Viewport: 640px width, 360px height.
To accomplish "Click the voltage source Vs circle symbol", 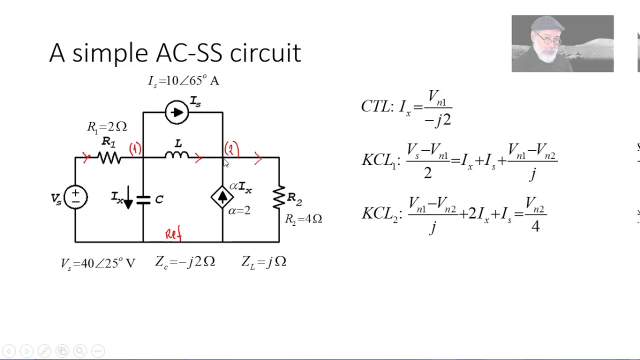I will [75, 197].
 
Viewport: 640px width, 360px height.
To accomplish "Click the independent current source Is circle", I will [176, 112].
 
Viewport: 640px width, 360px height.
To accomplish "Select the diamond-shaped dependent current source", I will [222, 197].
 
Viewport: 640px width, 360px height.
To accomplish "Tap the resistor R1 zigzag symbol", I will [109, 158].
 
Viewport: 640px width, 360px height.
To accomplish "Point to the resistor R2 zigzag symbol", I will [279, 197].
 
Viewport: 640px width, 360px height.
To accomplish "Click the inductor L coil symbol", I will [176, 156].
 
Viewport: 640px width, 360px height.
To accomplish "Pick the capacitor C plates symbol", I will [143, 200].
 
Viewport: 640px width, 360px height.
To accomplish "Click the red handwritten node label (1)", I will [135, 149].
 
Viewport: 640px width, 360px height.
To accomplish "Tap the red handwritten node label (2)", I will [231, 149].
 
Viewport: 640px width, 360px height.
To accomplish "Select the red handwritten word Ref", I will [173, 233].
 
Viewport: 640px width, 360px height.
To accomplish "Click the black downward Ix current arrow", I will [128, 198].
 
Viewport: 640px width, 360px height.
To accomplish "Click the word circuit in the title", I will [265, 53].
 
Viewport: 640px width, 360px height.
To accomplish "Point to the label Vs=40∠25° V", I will [98, 263].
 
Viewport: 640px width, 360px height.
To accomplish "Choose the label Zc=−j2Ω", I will [185, 261].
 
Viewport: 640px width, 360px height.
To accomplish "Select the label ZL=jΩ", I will [263, 261].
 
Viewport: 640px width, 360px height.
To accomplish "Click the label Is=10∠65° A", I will [183, 81].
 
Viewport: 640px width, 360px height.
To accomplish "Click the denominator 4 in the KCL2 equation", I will [535, 226].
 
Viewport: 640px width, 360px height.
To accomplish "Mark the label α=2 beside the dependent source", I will [239, 211].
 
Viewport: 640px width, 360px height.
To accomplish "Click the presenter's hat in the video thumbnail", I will [548, 23].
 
